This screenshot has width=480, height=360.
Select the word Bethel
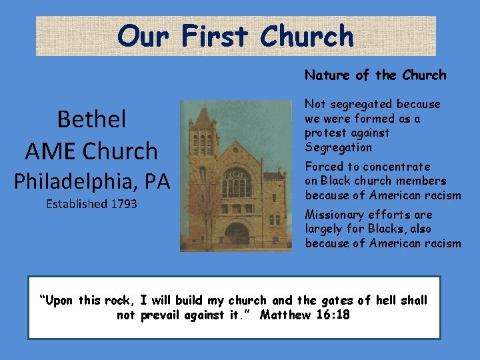[91, 119]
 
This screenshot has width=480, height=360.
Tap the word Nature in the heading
[327, 75]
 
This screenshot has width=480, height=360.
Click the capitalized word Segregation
[339, 147]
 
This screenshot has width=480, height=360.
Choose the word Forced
[325, 167]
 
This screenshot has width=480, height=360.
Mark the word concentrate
[397, 167]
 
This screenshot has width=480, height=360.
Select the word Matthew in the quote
[285, 315]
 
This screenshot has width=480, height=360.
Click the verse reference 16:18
[333, 315]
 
